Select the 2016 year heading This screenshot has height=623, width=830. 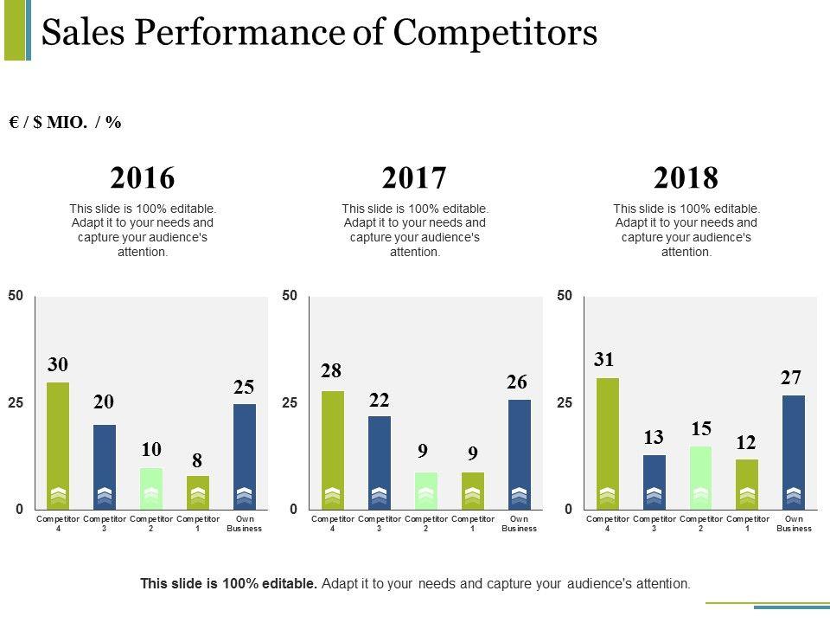143,178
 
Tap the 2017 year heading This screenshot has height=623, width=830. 415,178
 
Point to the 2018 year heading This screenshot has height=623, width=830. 686,178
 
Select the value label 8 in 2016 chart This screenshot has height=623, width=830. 197,458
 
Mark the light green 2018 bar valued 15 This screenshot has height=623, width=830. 701,477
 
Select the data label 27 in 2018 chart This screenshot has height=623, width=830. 791,377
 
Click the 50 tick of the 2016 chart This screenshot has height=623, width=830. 16,296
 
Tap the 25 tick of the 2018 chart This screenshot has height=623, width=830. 565,403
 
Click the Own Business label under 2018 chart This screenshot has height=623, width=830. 794,523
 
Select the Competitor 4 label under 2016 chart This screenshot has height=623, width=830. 58,523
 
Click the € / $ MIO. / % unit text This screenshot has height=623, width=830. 65,123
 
